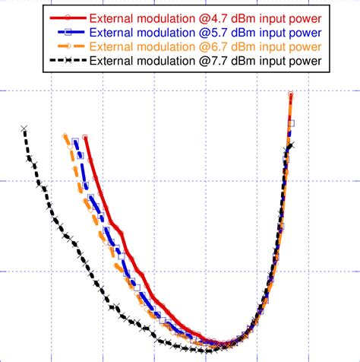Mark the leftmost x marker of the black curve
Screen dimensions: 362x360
click(x=24, y=129)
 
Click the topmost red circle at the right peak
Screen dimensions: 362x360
click(x=291, y=95)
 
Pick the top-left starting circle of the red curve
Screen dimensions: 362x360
click(x=85, y=138)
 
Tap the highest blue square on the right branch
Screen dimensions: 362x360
click(x=291, y=123)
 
